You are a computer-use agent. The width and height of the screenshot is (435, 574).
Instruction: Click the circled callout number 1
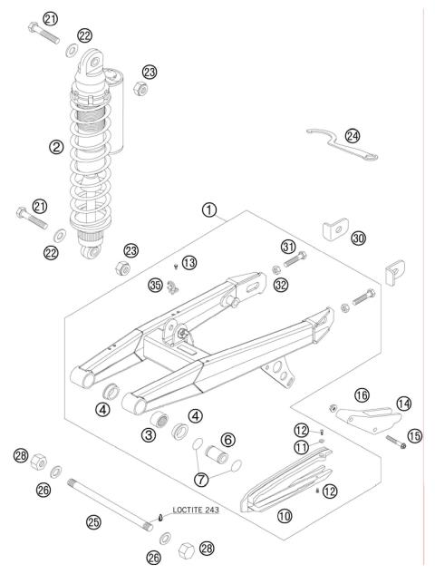[210, 210]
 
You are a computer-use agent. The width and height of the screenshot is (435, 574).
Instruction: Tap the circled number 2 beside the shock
[55, 146]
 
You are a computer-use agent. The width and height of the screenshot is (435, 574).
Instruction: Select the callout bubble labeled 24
[353, 136]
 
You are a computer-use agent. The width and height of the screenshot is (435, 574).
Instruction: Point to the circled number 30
[359, 238]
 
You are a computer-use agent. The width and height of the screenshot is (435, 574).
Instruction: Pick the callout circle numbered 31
[288, 248]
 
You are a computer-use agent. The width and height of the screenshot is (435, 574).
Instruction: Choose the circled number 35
[155, 287]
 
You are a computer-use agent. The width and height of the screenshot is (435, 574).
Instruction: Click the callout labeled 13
[188, 262]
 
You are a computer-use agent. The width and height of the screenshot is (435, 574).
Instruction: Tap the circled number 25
[92, 521]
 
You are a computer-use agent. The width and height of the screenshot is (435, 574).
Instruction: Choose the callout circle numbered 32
[282, 284]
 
